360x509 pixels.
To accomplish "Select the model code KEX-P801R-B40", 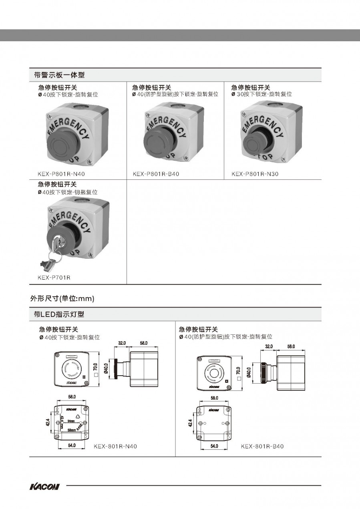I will pyautogui.click(x=156, y=174).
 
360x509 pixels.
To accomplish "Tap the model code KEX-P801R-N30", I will pyautogui.click(x=255, y=174).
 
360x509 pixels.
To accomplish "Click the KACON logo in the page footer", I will pyautogui.click(x=44, y=487).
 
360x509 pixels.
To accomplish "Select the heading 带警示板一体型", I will pyautogui.click(x=59, y=75).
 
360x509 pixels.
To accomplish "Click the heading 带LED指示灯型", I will pyautogui.click(x=59, y=315).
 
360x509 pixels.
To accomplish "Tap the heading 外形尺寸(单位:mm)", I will pyautogui.click(x=62, y=299).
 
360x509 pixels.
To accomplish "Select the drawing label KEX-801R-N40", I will pyautogui.click(x=115, y=446).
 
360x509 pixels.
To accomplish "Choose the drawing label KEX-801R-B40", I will pyautogui.click(x=262, y=446).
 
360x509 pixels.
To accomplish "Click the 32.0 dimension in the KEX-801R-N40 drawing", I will pyautogui.click(x=122, y=343).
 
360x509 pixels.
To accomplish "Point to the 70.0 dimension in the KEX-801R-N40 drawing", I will pyautogui.click(x=96, y=367).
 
